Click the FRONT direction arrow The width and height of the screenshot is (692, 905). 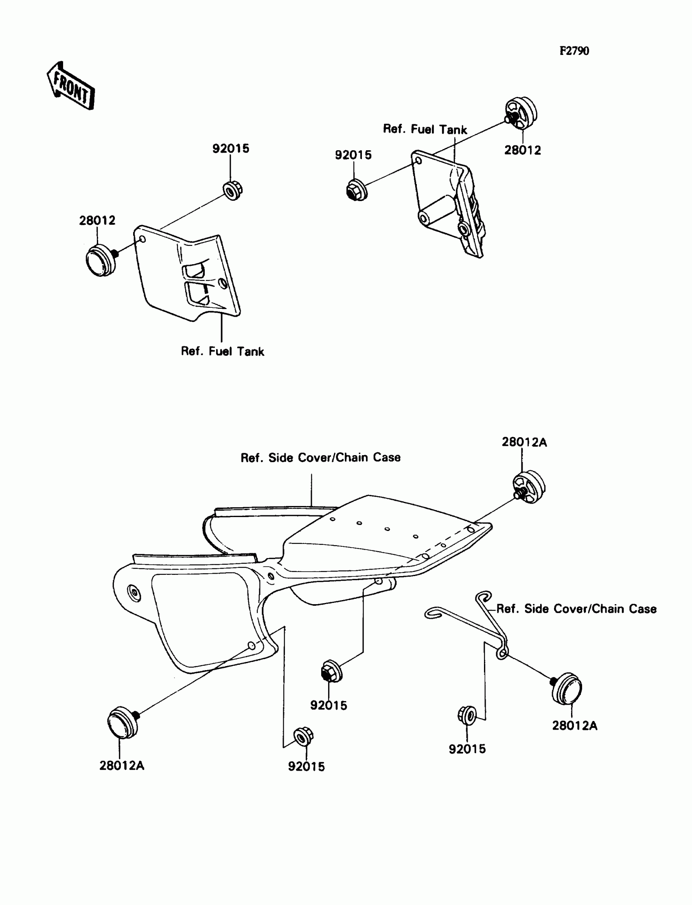[x=70, y=86]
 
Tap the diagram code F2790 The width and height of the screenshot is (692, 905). [x=574, y=51]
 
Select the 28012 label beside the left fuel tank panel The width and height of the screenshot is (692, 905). [x=97, y=220]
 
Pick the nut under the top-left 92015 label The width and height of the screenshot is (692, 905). [x=232, y=190]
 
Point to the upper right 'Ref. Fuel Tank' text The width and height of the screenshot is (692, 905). [x=425, y=129]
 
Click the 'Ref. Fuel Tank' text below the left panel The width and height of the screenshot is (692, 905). [x=222, y=351]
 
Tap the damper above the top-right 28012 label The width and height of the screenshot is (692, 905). [x=521, y=112]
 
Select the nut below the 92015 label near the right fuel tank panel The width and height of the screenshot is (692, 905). [x=356, y=190]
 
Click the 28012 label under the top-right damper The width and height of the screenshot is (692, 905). [x=523, y=150]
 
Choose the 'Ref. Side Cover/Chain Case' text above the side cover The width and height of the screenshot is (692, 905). [x=320, y=458]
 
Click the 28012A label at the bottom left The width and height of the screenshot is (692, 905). [x=122, y=765]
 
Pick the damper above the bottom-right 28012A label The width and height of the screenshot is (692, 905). [x=567, y=688]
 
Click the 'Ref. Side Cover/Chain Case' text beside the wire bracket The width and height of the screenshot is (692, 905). [x=576, y=609]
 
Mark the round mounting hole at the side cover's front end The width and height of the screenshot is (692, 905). [x=134, y=593]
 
